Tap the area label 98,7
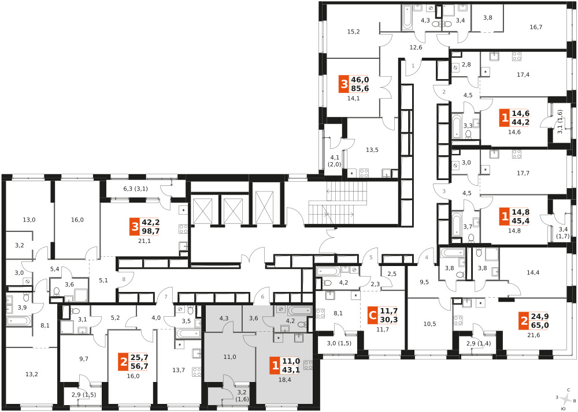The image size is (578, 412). coord(150,231)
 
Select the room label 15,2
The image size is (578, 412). coord(353,32)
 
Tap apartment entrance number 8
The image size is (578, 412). coord(124,279)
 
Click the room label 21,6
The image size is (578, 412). coord(533,335)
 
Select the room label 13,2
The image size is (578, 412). coord(32,374)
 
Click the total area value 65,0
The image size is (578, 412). coord(539,325)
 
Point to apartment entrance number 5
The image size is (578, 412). coord(371,257)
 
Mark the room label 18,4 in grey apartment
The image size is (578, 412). coord(285,380)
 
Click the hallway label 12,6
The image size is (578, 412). coord(416,47)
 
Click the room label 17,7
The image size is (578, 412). coord(523,173)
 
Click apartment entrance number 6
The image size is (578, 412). coord(262,297)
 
